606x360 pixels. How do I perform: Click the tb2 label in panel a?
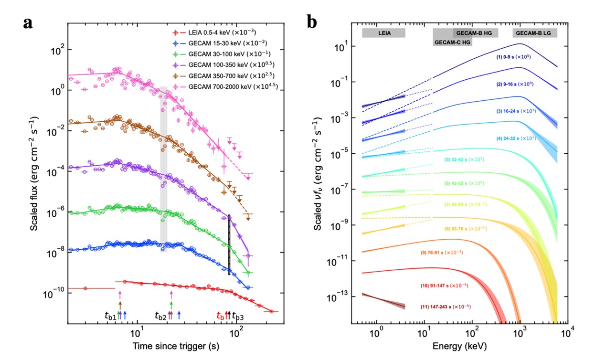(161, 316)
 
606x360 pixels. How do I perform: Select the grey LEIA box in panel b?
(383, 33)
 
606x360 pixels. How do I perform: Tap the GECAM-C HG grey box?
(453, 42)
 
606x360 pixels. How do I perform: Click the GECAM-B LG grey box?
(535, 33)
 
